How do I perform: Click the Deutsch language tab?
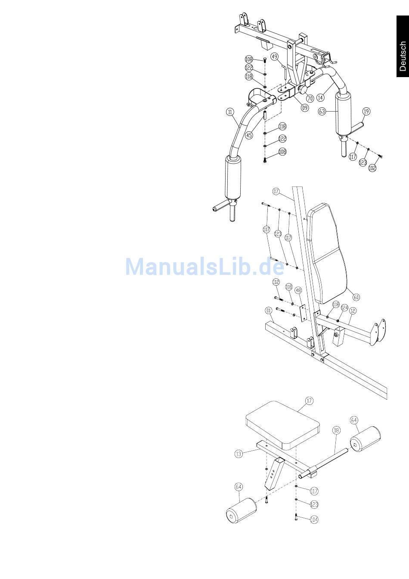click(x=402, y=56)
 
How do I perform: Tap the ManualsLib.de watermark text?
click(x=205, y=267)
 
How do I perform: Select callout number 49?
click(x=274, y=56)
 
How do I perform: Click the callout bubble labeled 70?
click(x=310, y=99)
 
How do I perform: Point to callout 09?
click(x=304, y=108)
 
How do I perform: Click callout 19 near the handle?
click(x=366, y=112)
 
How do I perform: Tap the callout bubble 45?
click(x=249, y=135)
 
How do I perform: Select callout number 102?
click(x=372, y=168)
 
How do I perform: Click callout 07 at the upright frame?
click(x=276, y=190)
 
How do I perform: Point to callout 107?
click(x=266, y=230)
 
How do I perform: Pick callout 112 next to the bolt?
click(x=276, y=282)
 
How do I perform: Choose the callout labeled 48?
click(x=298, y=290)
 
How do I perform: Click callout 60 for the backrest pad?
click(x=356, y=297)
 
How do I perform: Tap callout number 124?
click(x=344, y=308)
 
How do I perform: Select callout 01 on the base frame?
click(x=269, y=310)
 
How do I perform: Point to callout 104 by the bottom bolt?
click(x=314, y=519)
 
